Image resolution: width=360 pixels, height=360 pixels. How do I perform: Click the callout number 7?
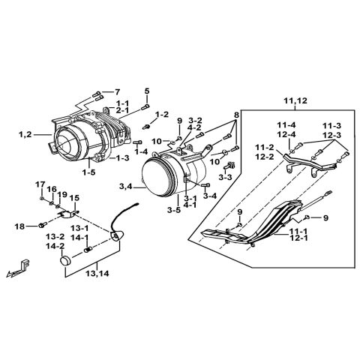(x=116, y=91)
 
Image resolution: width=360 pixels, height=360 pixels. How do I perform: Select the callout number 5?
(x=147, y=91)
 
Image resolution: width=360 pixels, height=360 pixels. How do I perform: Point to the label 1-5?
(x=88, y=172)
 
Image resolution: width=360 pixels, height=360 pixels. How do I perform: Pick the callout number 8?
(x=237, y=115)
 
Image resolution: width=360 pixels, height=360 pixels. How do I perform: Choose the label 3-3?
(x=224, y=178)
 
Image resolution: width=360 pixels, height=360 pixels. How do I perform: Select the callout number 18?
(x=19, y=225)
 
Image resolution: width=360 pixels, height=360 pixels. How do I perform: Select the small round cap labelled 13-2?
(x=65, y=262)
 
